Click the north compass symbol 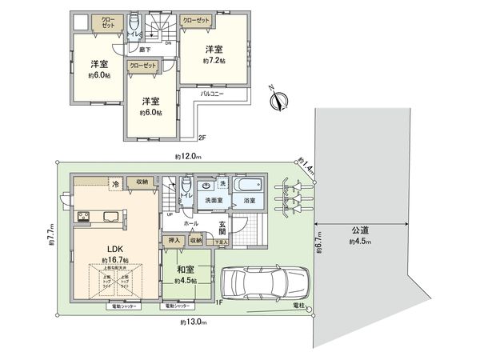coord(279,100)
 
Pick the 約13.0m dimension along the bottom coord(193,322)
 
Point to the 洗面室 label coord(212,199)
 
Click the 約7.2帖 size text coord(213,61)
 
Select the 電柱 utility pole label coord(299,305)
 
